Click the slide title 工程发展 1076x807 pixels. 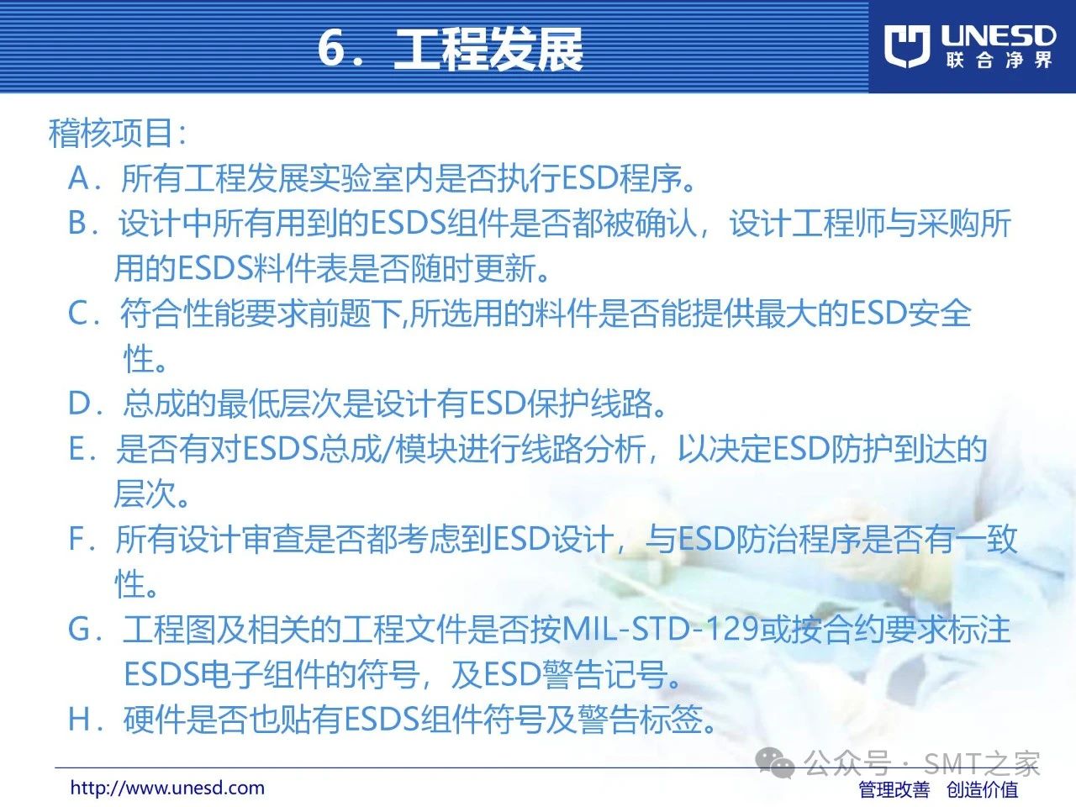coord(488,49)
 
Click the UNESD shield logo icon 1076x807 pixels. coord(907,46)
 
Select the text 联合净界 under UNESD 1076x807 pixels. coord(999,61)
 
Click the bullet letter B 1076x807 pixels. coord(77,223)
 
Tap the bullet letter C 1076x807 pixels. coord(78,313)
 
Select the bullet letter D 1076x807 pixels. coord(79,403)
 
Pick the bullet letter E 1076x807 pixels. coord(77,449)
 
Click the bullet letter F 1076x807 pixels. coord(77,539)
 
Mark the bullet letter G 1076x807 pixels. coord(79,630)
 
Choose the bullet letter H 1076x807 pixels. coord(78,720)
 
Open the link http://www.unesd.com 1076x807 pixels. coord(167,788)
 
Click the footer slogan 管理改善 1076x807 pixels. coord(894,790)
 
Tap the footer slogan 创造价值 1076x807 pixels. coord(983,790)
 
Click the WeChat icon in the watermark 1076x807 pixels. coord(774,763)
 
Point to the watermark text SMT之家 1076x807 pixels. coord(981,763)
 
